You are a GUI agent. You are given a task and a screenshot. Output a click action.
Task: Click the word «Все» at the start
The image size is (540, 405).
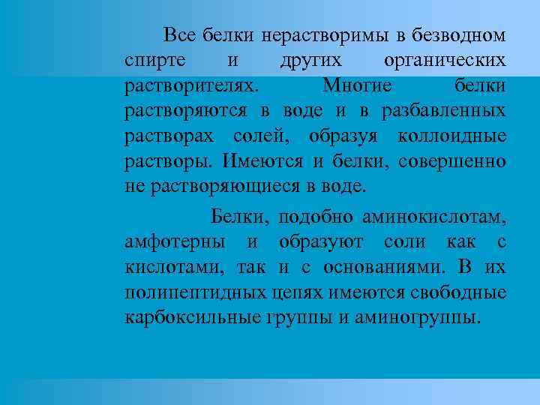tap(178, 34)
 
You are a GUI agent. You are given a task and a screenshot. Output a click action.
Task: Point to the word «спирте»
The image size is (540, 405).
tap(151, 60)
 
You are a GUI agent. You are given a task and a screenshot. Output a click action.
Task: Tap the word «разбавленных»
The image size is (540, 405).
tap(443, 111)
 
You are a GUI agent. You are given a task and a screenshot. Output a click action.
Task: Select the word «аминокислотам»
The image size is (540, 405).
tap(433, 217)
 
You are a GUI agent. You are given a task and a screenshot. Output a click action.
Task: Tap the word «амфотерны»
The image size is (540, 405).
tap(175, 242)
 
